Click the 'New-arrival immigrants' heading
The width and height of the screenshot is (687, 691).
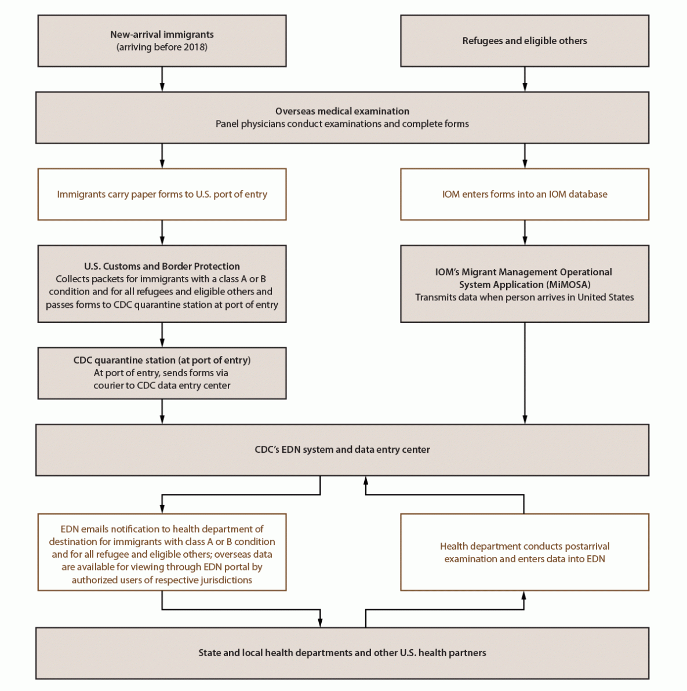tap(162, 34)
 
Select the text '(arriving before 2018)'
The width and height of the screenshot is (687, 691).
tap(162, 48)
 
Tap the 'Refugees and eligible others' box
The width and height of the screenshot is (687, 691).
tap(524, 41)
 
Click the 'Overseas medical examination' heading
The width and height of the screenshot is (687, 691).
tap(342, 111)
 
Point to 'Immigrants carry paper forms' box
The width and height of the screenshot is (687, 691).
tap(162, 194)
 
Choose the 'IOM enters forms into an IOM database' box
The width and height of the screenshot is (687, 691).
tap(524, 194)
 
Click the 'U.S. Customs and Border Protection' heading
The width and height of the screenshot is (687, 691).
tap(162, 266)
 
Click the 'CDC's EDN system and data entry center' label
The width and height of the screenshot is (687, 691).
tap(342, 449)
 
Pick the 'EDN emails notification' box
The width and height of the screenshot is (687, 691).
tap(162, 553)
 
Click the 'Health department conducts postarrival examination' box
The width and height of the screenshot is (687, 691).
tap(524, 552)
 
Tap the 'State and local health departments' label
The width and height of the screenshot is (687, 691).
tap(342, 653)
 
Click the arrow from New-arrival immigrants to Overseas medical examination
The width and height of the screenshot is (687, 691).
tap(162, 79)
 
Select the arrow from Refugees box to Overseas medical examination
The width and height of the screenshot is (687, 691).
tap(525, 79)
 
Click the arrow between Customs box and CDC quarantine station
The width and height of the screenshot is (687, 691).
tap(162, 335)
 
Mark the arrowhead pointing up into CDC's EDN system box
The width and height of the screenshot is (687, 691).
tap(366, 481)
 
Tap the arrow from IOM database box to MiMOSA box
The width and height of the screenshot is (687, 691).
tap(525, 233)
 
